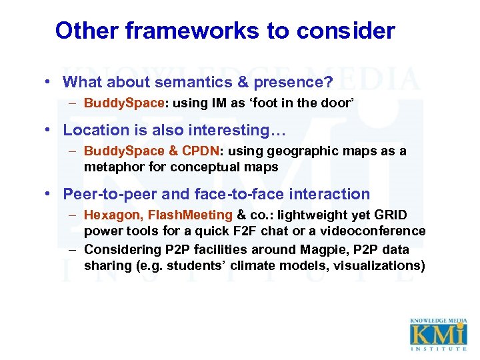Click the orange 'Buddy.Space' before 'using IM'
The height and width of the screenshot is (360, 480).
coord(123,103)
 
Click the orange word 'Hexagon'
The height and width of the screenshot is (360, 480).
coord(113,215)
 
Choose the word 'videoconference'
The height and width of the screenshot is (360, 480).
coord(378,231)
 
